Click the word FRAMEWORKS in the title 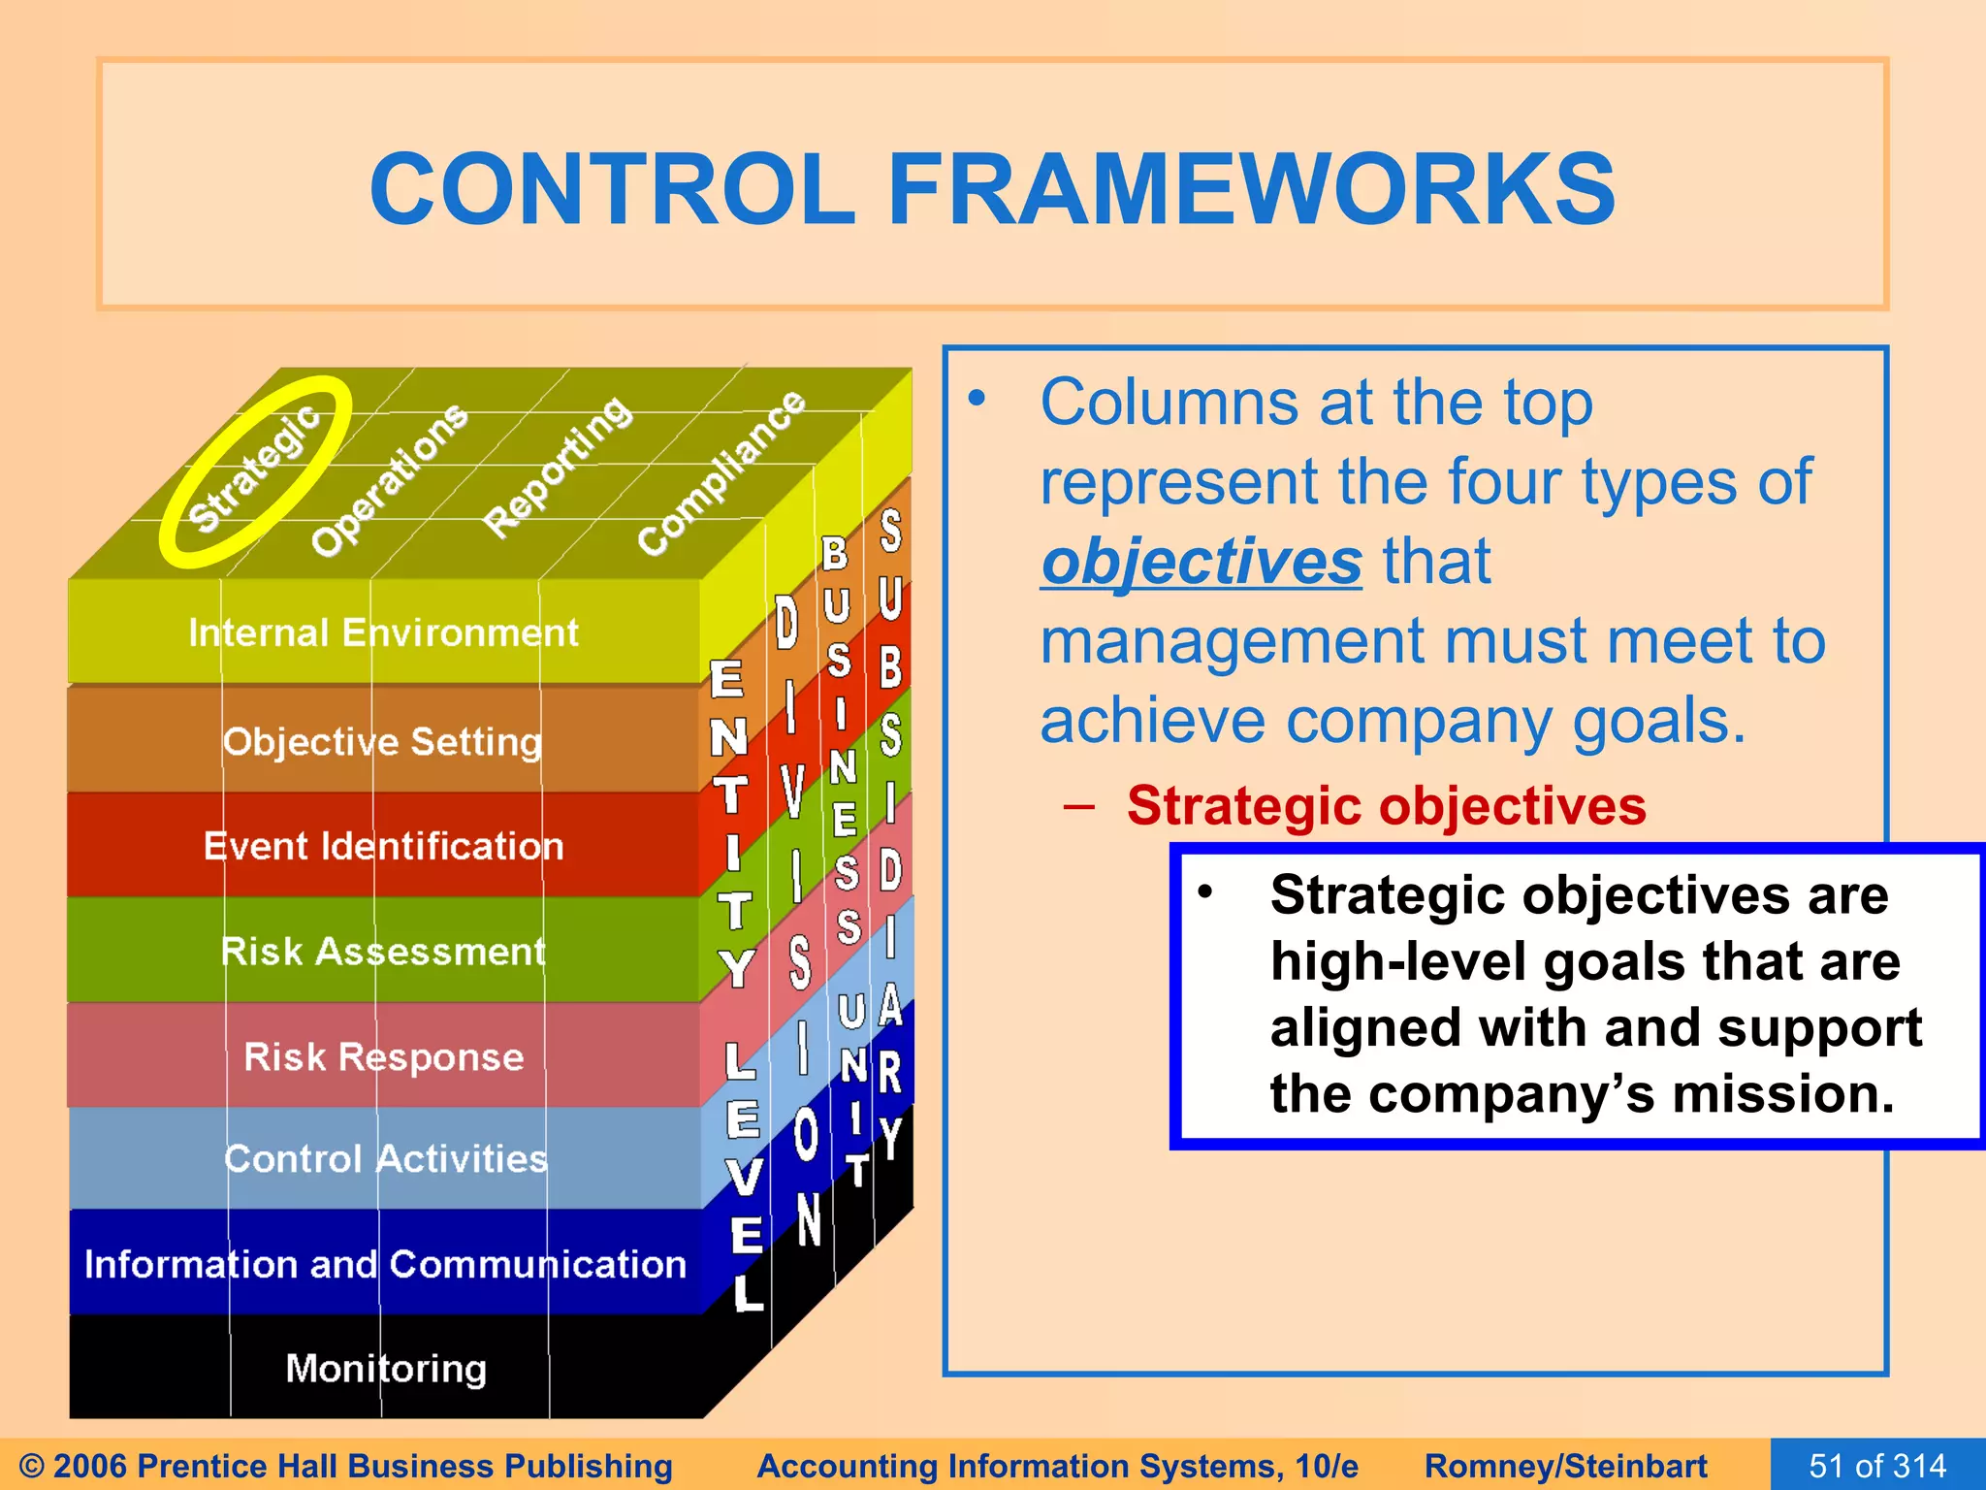coord(1251,189)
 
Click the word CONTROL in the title coord(613,189)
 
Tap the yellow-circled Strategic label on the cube coord(254,470)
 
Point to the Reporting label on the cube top coord(558,468)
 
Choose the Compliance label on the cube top coord(721,473)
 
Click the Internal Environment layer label coord(383,633)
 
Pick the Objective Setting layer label coord(382,742)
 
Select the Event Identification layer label coord(383,847)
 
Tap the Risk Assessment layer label coord(383,952)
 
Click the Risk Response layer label coord(383,1056)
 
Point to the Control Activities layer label coord(385,1159)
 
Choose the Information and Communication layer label coord(385,1264)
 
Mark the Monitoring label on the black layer coord(386,1369)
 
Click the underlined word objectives coord(1201,563)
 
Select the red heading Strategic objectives coord(1386,806)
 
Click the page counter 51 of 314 coord(1877,1466)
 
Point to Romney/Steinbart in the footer coord(1565,1466)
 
